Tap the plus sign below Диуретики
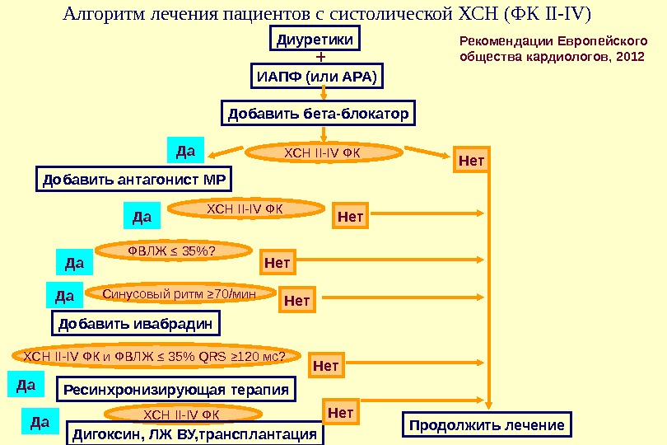pyautogui.click(x=320, y=59)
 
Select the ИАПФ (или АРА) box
pyautogui.click(x=317, y=77)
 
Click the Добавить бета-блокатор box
pyautogui.click(x=318, y=113)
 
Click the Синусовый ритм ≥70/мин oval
pyautogui.click(x=180, y=293)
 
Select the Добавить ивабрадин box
pyautogui.click(x=137, y=322)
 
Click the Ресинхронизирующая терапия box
pyautogui.click(x=177, y=388)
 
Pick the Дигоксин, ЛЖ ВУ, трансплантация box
pyautogui.click(x=196, y=433)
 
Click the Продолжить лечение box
pyautogui.click(x=487, y=425)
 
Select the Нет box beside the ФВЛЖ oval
pyautogui.click(x=278, y=263)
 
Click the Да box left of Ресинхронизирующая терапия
pyautogui.click(x=26, y=384)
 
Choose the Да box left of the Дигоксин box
pyautogui.click(x=40, y=423)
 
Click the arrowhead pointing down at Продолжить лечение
pyautogui.click(x=489, y=404)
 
